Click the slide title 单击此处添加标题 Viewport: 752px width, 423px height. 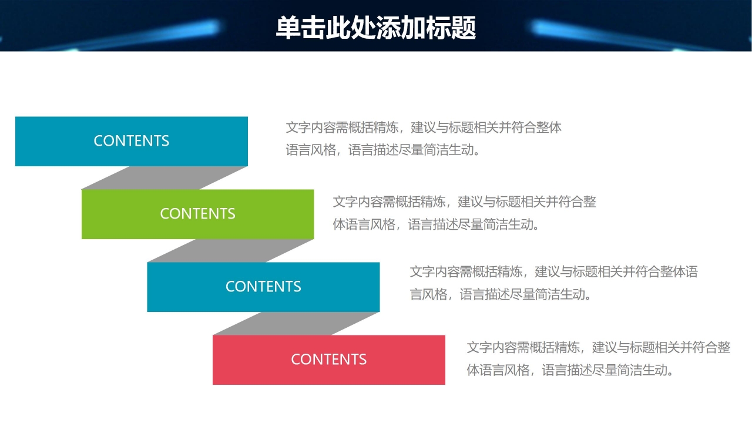click(x=375, y=28)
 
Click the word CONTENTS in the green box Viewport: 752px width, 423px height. click(x=197, y=214)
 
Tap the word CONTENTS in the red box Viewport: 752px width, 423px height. click(x=328, y=360)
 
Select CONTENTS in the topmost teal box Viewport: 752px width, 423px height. click(x=131, y=141)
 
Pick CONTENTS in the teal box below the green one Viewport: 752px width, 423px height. click(x=263, y=287)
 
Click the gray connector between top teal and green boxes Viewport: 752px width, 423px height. click(x=164, y=177)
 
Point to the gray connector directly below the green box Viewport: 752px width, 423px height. click(x=230, y=250)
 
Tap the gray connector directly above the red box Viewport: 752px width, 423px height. click(x=296, y=323)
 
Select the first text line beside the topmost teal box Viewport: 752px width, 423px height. click(x=424, y=127)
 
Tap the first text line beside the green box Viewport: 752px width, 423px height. click(x=464, y=202)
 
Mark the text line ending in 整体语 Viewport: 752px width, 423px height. click(x=553, y=272)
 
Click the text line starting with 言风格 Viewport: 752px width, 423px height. click(x=501, y=294)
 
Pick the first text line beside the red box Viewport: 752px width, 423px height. click(x=598, y=348)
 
